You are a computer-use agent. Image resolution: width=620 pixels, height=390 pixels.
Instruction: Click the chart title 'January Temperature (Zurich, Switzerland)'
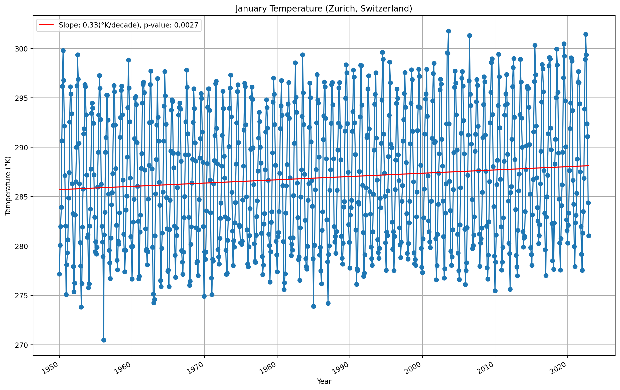(324, 9)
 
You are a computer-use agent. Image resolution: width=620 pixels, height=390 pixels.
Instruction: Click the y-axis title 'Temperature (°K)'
(8, 185)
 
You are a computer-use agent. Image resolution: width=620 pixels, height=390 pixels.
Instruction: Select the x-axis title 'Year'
(324, 381)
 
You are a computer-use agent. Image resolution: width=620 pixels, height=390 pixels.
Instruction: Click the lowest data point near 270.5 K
(104, 340)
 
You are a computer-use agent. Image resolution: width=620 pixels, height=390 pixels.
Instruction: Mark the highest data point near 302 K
(448, 31)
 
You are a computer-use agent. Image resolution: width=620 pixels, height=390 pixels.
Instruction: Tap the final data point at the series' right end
(589, 236)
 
